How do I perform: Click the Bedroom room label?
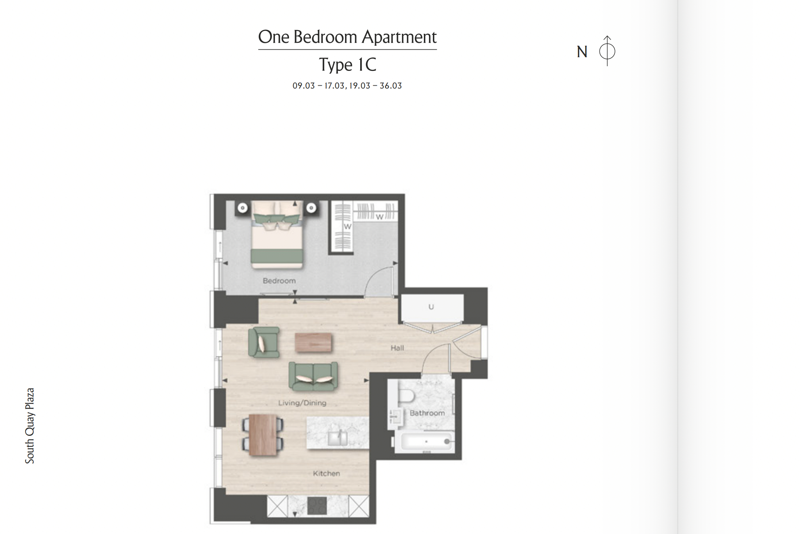(x=279, y=281)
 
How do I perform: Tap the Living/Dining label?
(x=302, y=403)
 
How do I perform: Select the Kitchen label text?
(x=326, y=474)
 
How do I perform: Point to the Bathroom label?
(x=427, y=413)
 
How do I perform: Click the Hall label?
(x=397, y=348)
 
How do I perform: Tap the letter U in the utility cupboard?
(x=431, y=307)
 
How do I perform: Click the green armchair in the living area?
(x=264, y=342)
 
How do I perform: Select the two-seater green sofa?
(x=313, y=376)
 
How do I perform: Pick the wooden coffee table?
(x=313, y=343)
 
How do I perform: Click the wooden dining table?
(x=263, y=435)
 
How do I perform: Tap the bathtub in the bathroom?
(x=425, y=442)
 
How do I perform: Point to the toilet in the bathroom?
(x=407, y=396)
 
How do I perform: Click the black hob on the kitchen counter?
(x=317, y=506)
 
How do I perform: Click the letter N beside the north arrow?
(x=582, y=52)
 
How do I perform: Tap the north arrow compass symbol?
(x=607, y=51)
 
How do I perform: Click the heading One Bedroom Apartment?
(x=347, y=37)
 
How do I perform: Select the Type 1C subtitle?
(x=348, y=65)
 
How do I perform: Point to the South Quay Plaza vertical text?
(x=30, y=426)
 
